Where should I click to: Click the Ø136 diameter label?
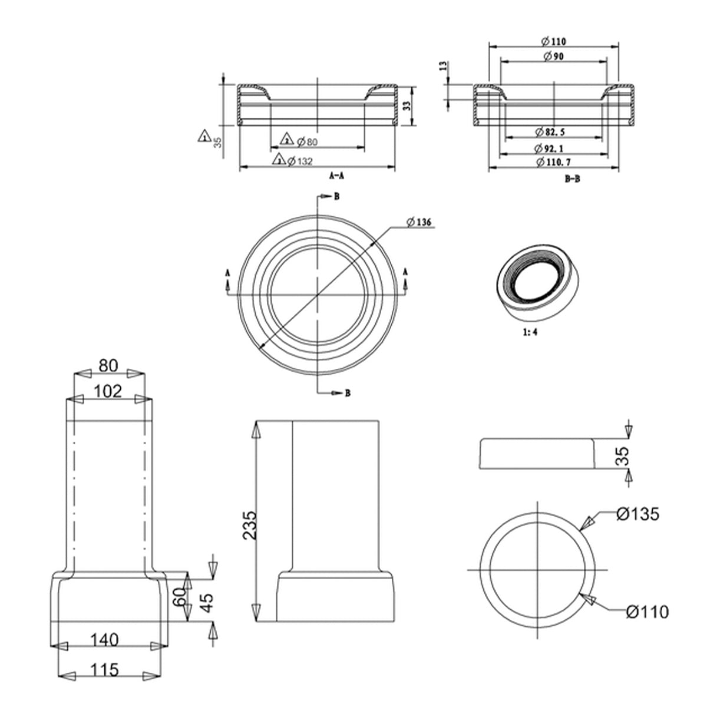click(x=419, y=222)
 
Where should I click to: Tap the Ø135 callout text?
click(x=637, y=514)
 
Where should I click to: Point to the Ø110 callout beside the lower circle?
click(x=647, y=612)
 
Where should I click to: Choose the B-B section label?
click(x=572, y=179)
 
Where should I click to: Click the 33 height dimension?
click(x=406, y=106)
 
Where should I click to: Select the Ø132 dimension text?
click(x=299, y=161)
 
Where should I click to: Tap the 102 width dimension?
click(x=108, y=391)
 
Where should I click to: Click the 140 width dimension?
click(x=105, y=639)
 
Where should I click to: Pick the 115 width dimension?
click(x=105, y=669)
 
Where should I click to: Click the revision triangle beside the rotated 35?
click(x=204, y=136)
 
